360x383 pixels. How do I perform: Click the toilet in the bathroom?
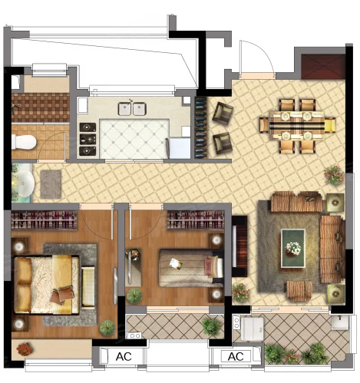coord(24,142)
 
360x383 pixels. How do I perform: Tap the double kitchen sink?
coord(132,108)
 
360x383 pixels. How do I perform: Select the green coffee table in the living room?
coord(293,248)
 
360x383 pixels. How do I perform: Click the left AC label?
coord(124,356)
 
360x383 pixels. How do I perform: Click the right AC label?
coord(236,356)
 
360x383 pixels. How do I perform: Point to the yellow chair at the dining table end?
coord(330,125)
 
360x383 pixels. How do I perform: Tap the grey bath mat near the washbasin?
coord(51,184)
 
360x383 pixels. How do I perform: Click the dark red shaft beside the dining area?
coord(323,66)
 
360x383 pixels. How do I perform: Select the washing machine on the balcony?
coord(253,329)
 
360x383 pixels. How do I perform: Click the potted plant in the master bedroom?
coord(107,327)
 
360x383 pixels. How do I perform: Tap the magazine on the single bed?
coord(176,263)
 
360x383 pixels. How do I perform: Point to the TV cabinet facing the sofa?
coord(239,246)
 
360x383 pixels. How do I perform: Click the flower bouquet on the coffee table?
coord(293,248)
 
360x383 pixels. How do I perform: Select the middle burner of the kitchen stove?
coord(88,139)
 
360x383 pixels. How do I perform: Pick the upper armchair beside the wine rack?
coord(223,113)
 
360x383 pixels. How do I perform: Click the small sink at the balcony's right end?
coord(339,322)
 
